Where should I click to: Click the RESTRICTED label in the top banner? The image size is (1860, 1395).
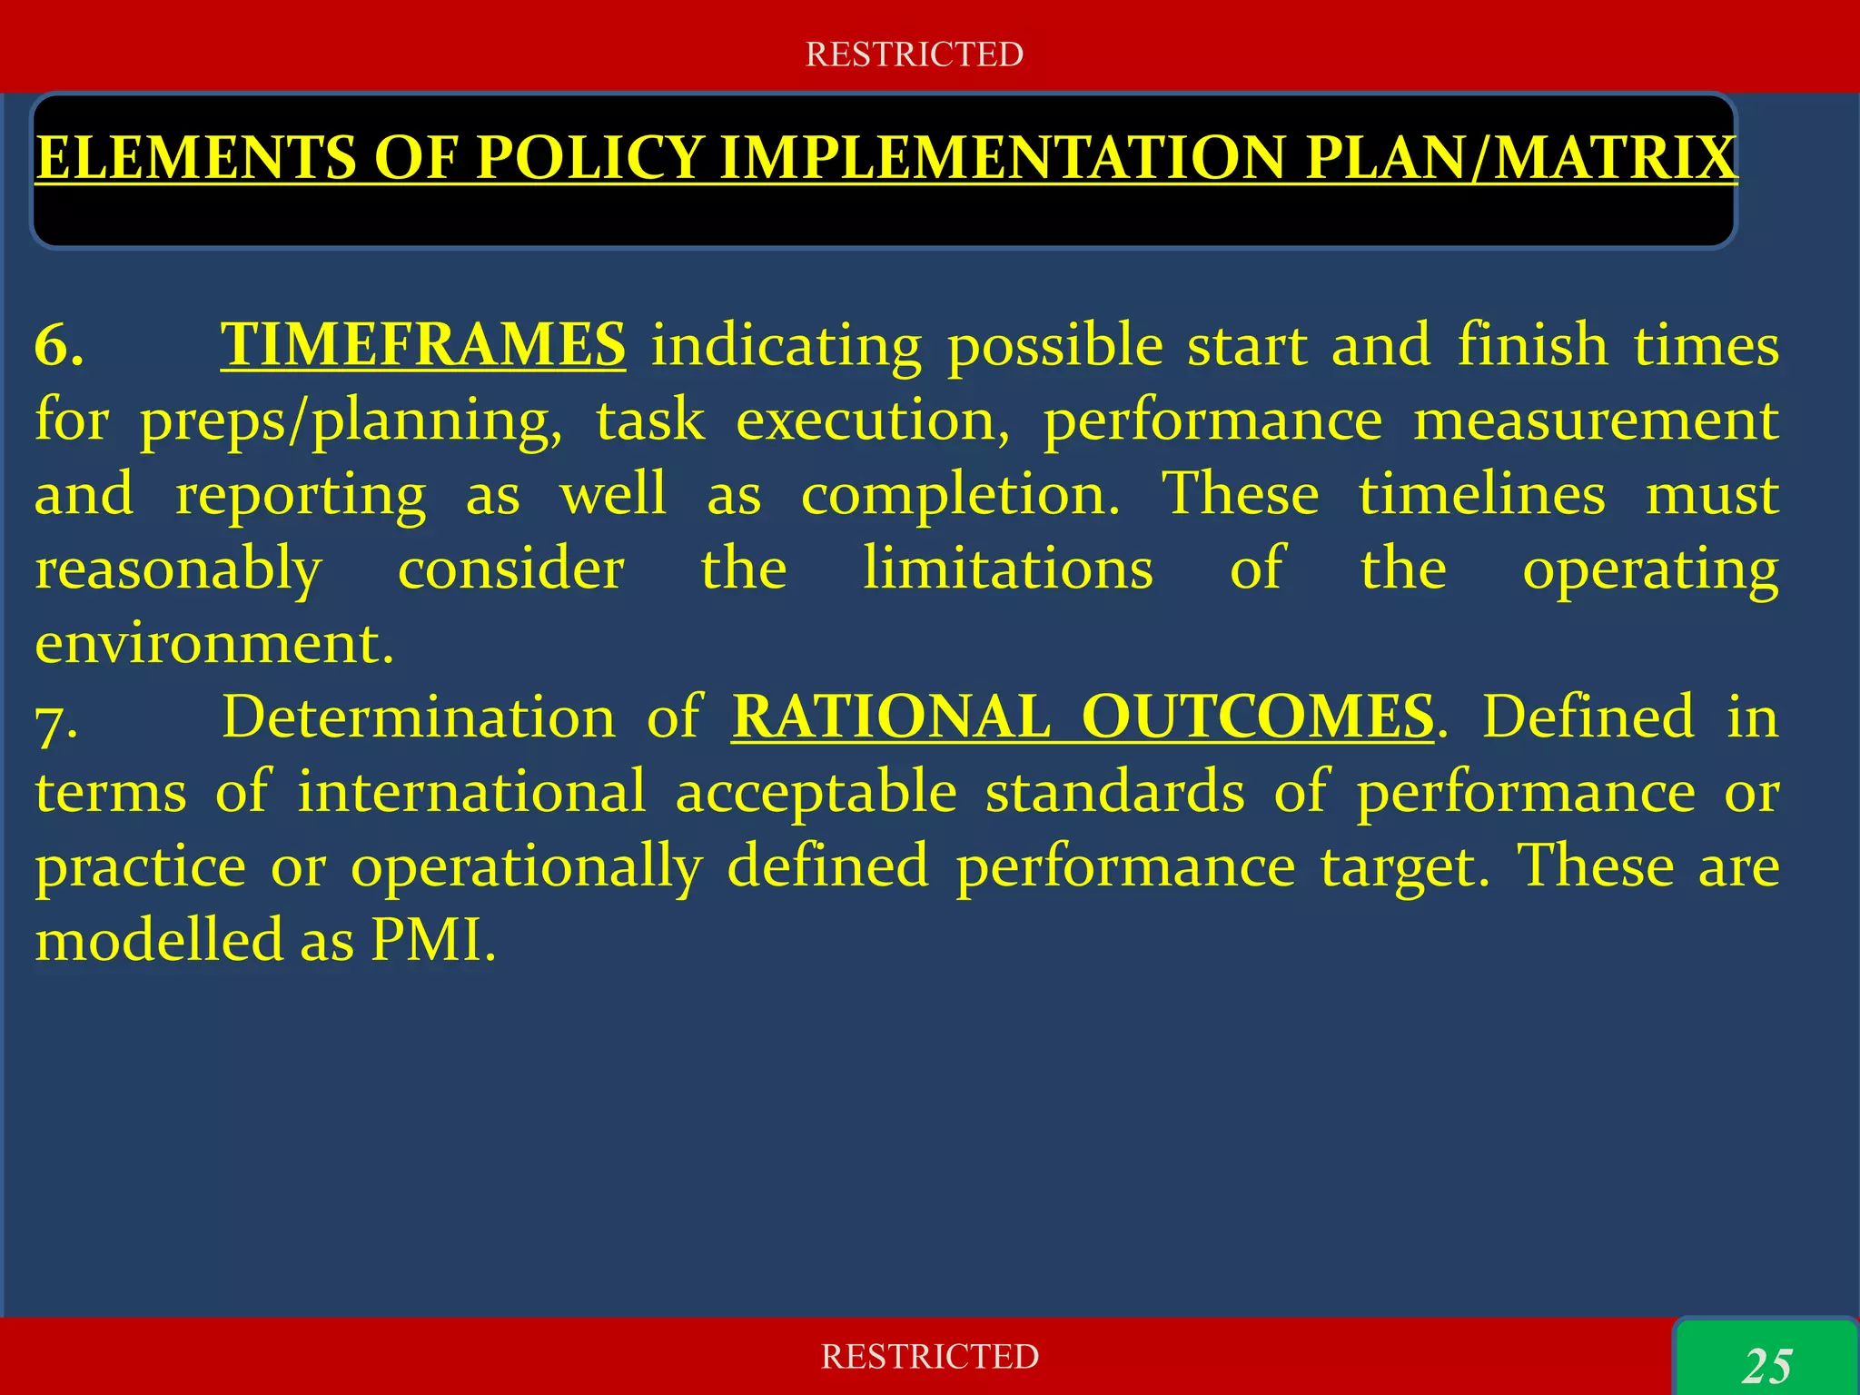[x=914, y=54]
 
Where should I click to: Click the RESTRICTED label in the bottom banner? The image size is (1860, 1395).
[x=929, y=1356]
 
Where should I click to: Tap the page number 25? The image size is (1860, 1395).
[x=1767, y=1366]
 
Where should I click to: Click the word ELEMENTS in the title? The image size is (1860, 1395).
[x=195, y=158]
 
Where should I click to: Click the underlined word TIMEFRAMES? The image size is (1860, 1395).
[x=422, y=345]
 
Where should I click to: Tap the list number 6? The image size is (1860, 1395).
[x=59, y=346]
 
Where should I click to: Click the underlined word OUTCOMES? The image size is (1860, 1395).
[x=1258, y=717]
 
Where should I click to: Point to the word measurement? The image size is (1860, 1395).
[x=1595, y=421]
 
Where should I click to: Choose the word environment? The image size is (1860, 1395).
[x=214, y=644]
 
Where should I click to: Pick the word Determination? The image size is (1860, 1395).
[x=419, y=717]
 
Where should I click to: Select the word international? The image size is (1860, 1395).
[x=471, y=792]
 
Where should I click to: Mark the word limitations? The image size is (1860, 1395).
[x=1007, y=569]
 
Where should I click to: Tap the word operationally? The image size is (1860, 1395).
[x=527, y=866]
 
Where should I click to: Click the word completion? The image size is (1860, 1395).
[x=960, y=495]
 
